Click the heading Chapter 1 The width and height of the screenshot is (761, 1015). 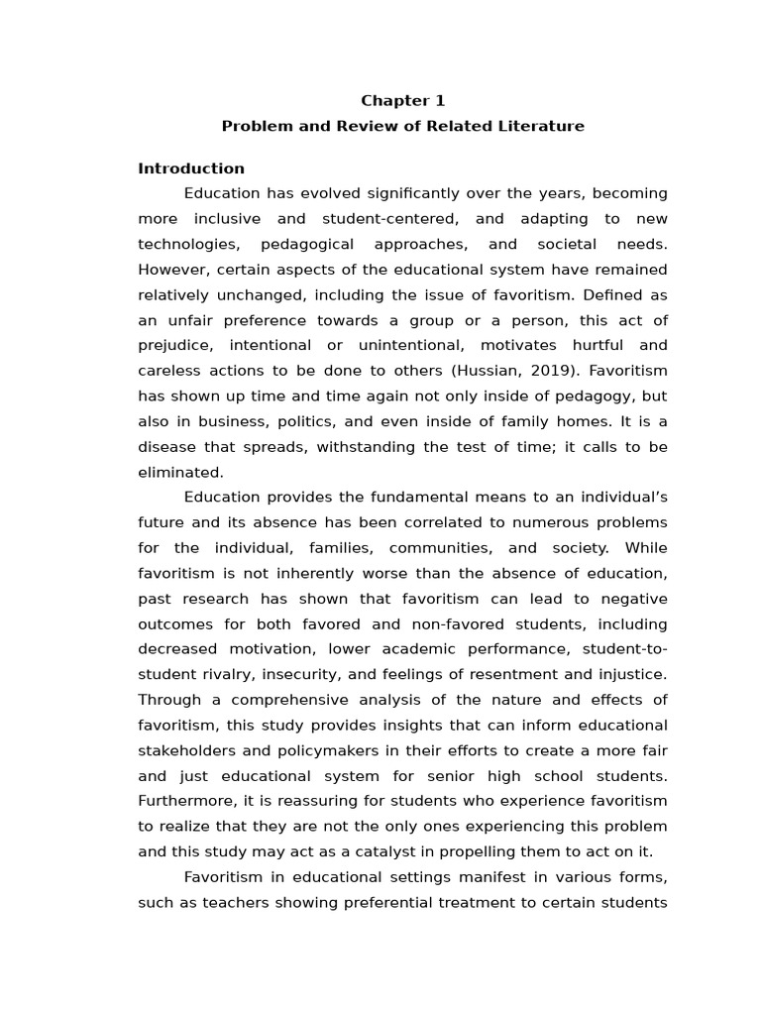(x=402, y=100)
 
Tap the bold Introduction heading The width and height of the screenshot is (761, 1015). (x=191, y=169)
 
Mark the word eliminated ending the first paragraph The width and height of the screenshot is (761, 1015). (x=179, y=473)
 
